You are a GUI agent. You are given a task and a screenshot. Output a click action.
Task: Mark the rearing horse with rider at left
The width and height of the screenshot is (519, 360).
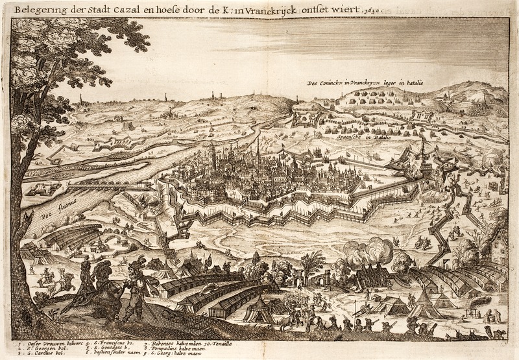point(49,279)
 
